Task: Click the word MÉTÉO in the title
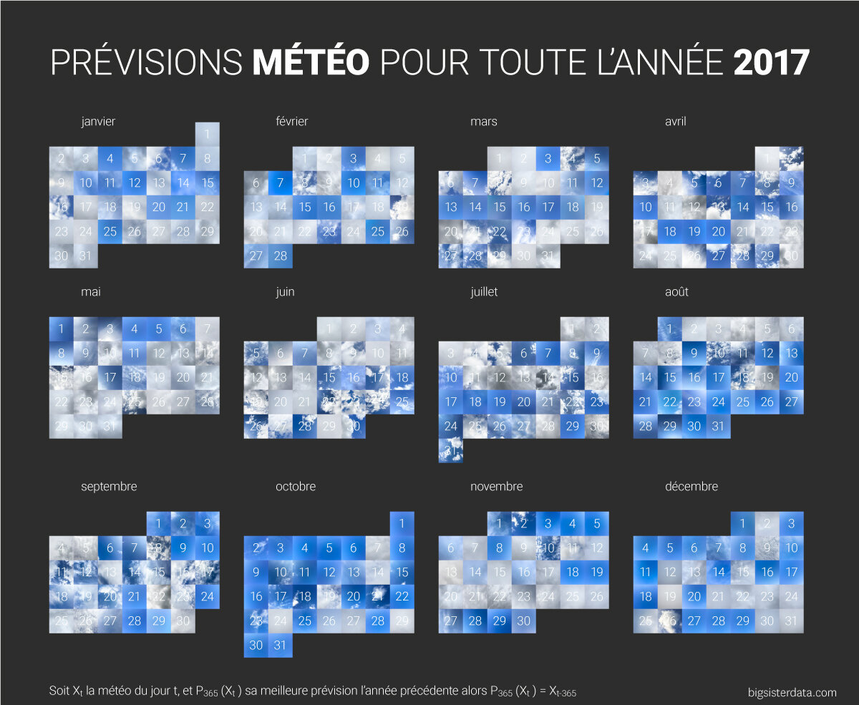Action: point(311,63)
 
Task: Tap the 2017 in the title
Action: point(771,63)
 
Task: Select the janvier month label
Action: point(98,122)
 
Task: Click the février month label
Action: point(291,122)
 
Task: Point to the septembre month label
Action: point(108,487)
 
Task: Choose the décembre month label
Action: point(691,487)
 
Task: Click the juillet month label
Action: point(484,292)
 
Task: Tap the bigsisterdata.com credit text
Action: point(790,692)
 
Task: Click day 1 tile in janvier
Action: point(207,134)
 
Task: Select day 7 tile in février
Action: point(280,183)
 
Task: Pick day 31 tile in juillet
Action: point(450,450)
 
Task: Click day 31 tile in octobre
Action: point(280,645)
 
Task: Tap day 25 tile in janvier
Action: point(110,231)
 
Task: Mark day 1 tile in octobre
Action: point(402,523)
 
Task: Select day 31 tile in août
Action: point(718,426)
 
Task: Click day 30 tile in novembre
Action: point(523,621)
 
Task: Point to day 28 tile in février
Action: point(280,256)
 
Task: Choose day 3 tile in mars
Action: point(548,158)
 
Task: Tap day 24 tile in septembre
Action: point(207,596)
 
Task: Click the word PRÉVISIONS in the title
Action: point(147,63)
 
